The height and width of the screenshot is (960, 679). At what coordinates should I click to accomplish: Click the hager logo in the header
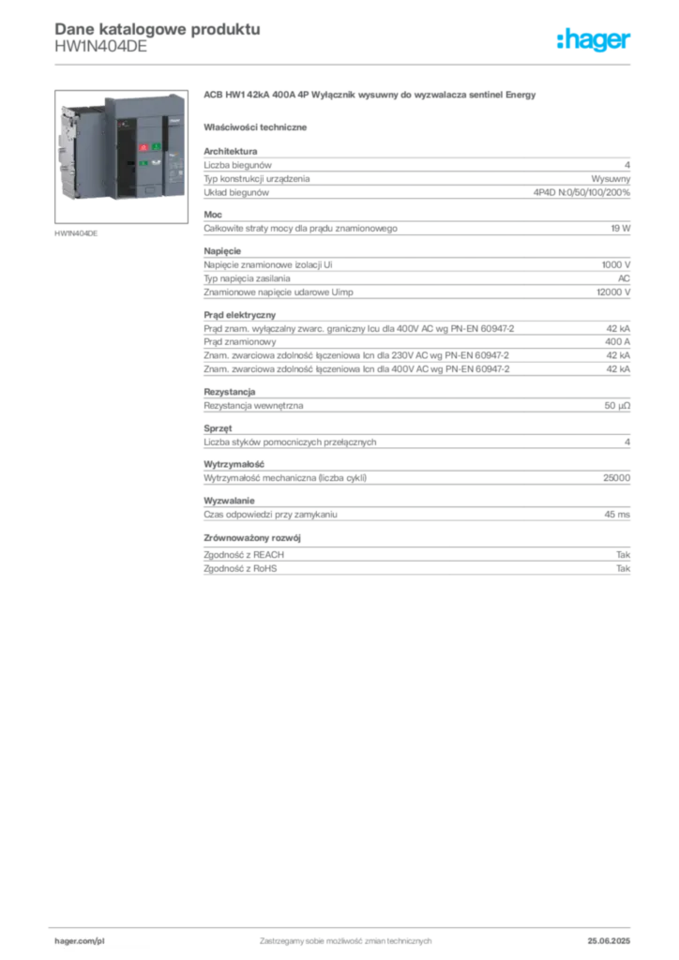tap(594, 40)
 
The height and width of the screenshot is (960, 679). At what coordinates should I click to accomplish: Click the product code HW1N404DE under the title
tap(101, 47)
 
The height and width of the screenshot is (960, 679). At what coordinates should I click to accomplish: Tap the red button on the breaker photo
tap(143, 147)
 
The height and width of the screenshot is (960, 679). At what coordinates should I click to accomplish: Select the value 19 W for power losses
tap(620, 229)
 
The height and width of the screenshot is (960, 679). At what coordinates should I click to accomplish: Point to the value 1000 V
tap(616, 264)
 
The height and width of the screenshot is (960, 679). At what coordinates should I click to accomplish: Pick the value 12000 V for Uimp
tap(613, 292)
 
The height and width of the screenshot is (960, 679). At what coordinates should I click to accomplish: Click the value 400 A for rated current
tap(618, 341)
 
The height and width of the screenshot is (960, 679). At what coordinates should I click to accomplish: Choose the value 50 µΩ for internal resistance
tap(617, 405)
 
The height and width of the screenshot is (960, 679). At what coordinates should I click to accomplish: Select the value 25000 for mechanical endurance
tap(616, 477)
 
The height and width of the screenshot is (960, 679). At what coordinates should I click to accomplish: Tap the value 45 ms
tap(617, 515)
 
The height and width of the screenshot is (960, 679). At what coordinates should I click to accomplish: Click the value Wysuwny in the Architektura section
tap(611, 179)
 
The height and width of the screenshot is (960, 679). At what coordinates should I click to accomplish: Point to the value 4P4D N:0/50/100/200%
tap(581, 192)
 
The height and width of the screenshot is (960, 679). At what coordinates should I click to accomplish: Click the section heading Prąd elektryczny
tap(240, 315)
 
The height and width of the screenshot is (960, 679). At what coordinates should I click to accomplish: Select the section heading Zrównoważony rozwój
tap(252, 537)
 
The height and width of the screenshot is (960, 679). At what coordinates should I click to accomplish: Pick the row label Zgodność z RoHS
tap(240, 568)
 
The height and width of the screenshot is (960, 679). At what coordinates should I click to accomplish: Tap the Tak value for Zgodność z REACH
tap(624, 555)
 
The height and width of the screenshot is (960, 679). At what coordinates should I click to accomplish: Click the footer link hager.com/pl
tap(80, 941)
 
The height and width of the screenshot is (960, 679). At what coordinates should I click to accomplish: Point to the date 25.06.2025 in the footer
tap(609, 941)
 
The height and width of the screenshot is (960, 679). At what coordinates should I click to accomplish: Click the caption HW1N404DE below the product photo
tap(76, 233)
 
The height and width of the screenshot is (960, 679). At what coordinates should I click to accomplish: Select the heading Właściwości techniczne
tap(255, 127)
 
